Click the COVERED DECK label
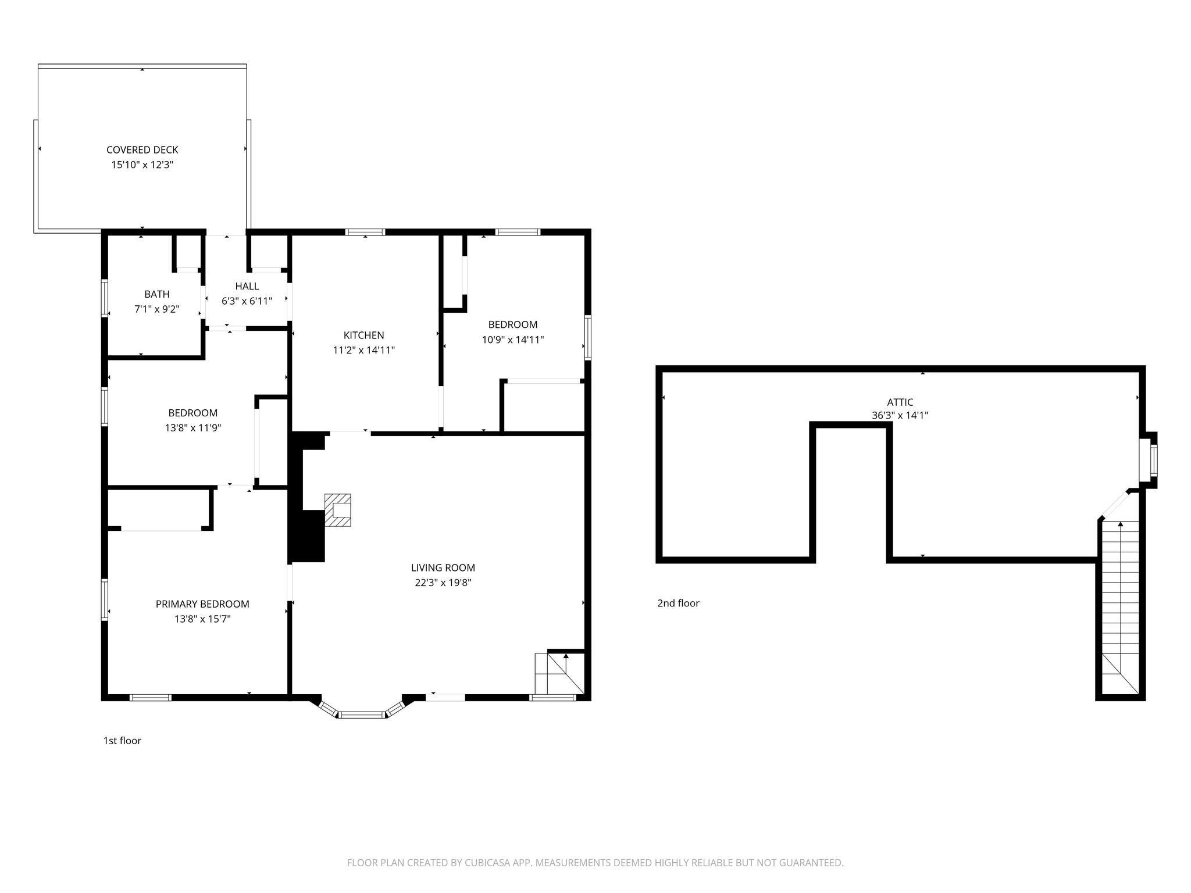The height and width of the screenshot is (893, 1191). [x=142, y=150]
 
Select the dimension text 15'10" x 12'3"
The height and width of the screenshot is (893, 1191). [x=142, y=165]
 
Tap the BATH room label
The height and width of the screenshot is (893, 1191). [x=156, y=294]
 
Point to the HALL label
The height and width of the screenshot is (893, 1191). [x=247, y=286]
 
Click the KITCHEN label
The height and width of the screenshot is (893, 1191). [x=363, y=335]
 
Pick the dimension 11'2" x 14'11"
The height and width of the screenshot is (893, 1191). [x=363, y=350]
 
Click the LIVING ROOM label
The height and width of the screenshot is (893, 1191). [x=443, y=568]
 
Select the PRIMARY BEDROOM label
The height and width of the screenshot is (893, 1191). [x=202, y=604]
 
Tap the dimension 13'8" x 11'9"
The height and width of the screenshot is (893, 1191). [x=192, y=428]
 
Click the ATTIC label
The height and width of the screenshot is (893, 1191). [x=900, y=402]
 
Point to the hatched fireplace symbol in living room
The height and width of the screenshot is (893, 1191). [x=338, y=510]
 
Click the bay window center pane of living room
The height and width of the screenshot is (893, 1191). [x=362, y=714]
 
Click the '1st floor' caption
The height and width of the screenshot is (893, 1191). [x=122, y=741]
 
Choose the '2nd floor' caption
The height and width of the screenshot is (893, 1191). [x=678, y=603]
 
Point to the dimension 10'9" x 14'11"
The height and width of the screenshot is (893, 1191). [x=512, y=340]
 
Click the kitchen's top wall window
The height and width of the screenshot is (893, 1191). [x=365, y=232]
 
